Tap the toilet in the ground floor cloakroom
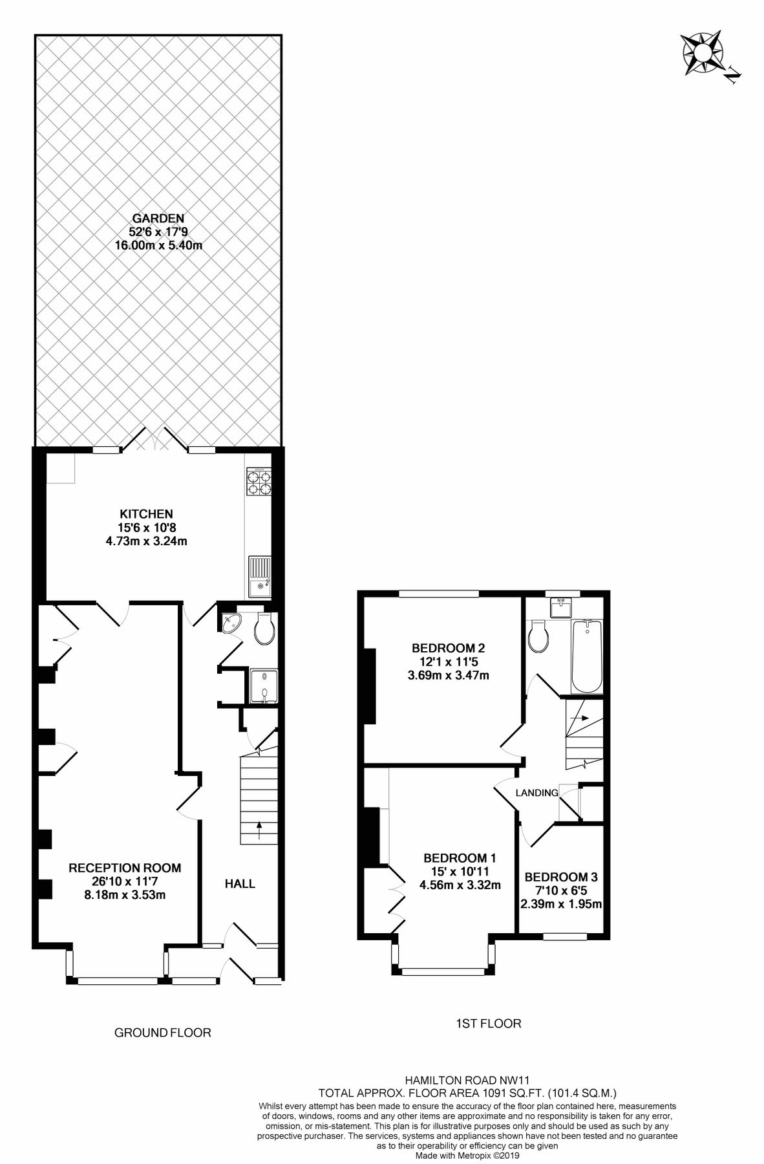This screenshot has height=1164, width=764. click(x=264, y=630)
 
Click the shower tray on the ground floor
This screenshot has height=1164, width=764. click(x=263, y=686)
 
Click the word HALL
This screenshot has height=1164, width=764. click(x=240, y=883)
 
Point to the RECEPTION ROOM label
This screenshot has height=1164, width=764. click(x=125, y=868)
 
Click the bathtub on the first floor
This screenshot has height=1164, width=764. click(x=587, y=656)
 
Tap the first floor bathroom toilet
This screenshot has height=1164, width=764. click(x=538, y=638)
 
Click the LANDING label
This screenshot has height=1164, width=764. click(x=536, y=793)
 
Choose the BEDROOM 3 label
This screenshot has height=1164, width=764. click(x=560, y=878)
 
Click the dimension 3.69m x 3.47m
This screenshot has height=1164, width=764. click(x=448, y=676)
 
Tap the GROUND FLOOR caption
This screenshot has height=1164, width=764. click(x=162, y=1033)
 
